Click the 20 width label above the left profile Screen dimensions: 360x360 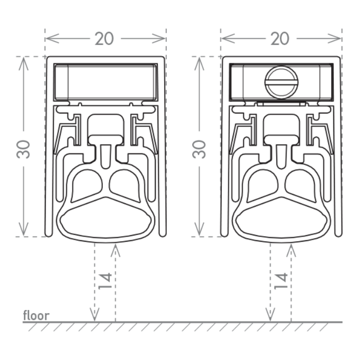click(x=104, y=39)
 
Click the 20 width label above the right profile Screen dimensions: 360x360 click(x=280, y=39)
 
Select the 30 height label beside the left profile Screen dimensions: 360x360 click(x=24, y=149)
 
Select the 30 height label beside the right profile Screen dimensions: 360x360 click(x=199, y=149)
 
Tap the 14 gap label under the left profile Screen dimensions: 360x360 click(x=105, y=281)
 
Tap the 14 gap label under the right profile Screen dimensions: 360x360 click(x=281, y=281)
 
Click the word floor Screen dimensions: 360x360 click(x=37, y=315)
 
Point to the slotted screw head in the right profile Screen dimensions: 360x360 click(x=282, y=83)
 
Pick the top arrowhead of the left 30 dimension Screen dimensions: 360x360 click(x=24, y=64)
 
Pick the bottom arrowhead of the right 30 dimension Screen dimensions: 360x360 click(x=200, y=229)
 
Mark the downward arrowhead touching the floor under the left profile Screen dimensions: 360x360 click(x=94, y=315)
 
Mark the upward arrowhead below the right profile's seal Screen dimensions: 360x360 click(x=291, y=251)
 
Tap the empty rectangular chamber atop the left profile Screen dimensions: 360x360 click(x=105, y=82)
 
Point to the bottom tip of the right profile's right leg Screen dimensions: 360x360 click(x=338, y=235)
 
